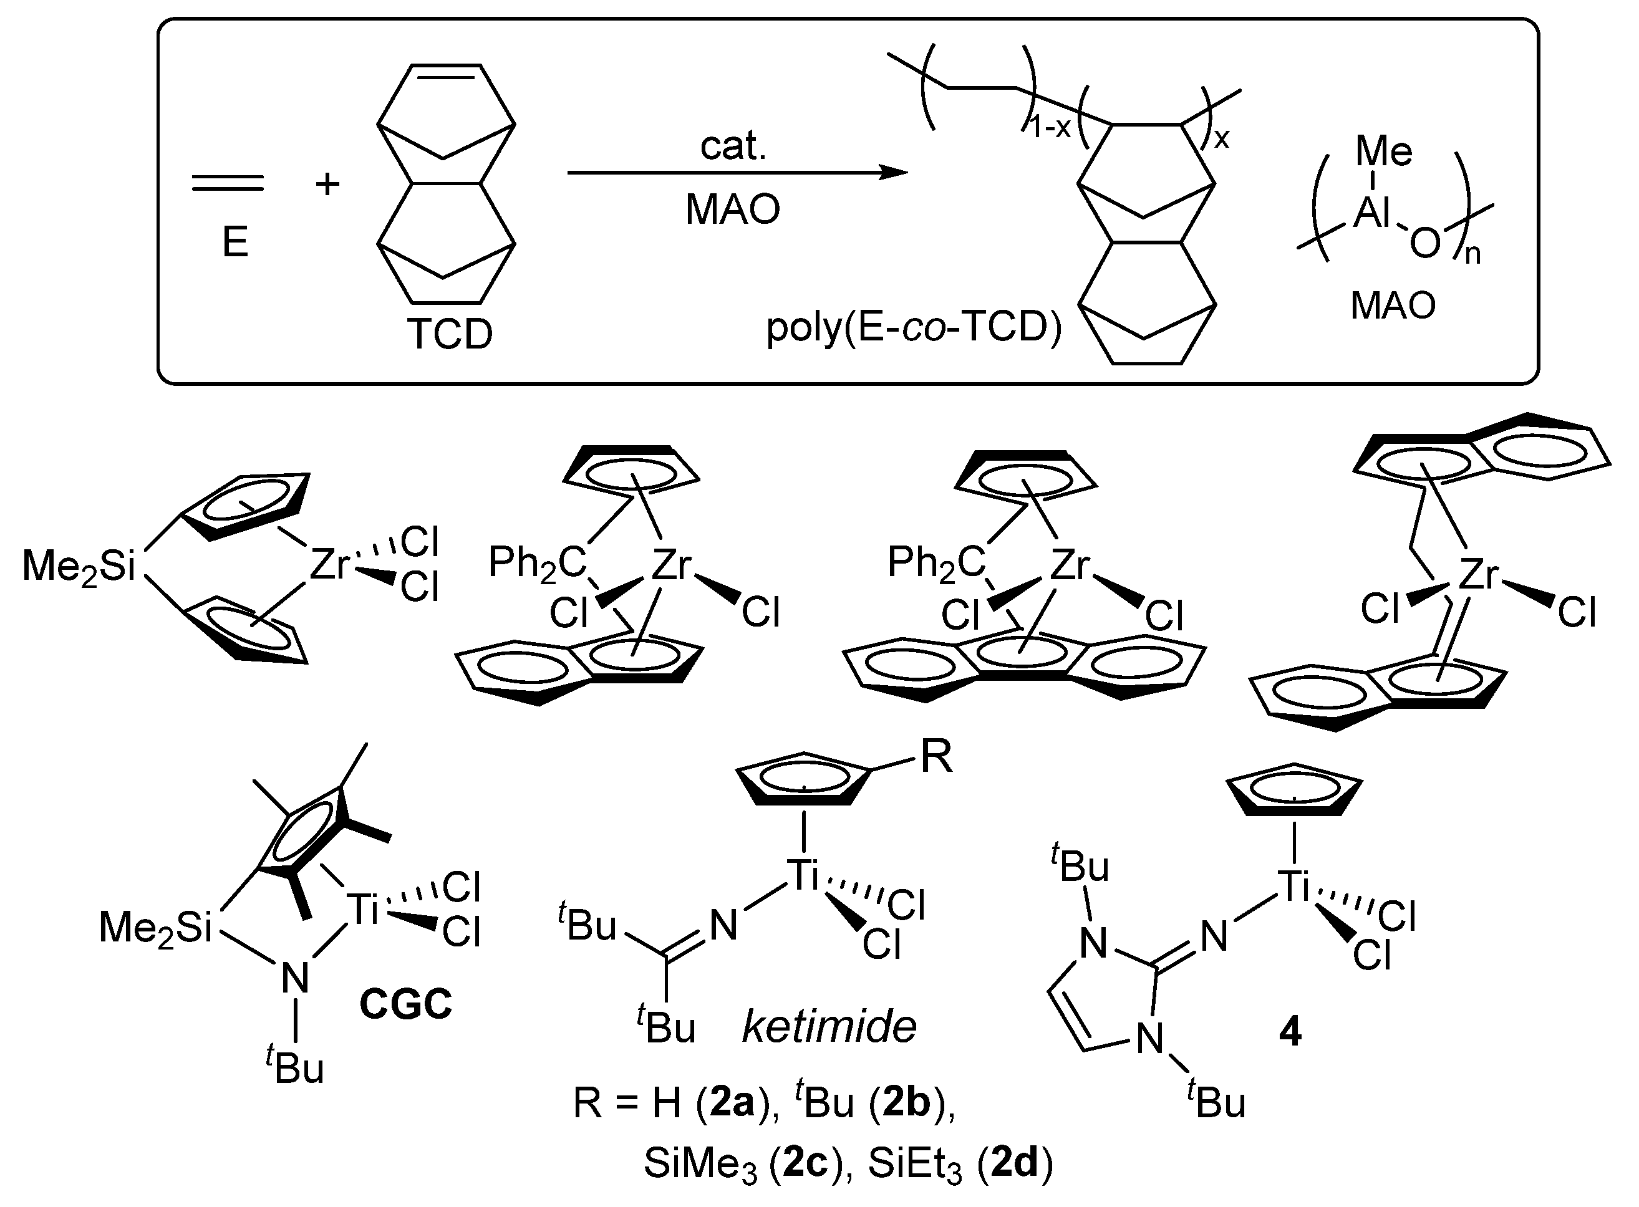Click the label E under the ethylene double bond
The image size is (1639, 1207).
234,242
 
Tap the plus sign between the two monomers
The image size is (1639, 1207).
327,183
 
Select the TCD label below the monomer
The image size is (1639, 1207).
450,334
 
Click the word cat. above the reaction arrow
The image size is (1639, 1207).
733,145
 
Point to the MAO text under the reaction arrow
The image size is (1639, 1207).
732,209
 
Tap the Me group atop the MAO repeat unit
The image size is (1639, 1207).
1383,151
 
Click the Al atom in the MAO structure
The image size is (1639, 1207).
1371,213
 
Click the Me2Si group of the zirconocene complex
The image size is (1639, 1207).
79,566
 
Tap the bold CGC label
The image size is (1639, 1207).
405,1004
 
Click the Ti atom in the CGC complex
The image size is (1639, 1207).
364,910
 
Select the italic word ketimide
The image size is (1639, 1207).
829,1027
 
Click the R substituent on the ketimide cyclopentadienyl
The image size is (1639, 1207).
936,756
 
